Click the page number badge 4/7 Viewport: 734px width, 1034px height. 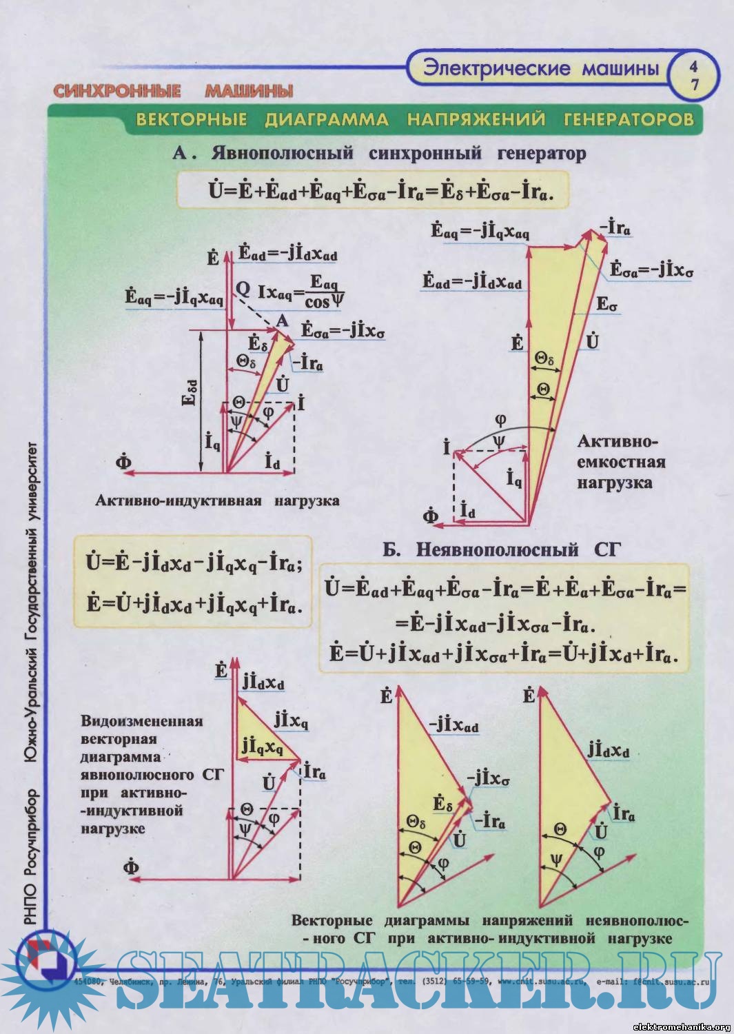point(694,75)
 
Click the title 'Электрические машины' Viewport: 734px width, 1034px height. point(541,68)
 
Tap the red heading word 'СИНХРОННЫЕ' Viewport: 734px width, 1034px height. point(116,91)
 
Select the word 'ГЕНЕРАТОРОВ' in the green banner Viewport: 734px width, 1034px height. point(629,119)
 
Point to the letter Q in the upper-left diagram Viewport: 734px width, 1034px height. point(243,289)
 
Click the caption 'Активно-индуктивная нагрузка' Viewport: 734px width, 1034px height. point(217,500)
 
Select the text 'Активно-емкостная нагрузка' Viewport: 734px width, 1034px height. point(621,462)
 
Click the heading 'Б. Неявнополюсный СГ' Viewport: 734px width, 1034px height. point(502,549)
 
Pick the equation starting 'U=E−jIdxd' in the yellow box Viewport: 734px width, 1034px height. point(194,563)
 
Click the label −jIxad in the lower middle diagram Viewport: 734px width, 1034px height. point(453,724)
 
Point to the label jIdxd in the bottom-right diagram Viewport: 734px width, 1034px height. point(608,749)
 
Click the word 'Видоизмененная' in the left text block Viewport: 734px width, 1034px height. point(142,721)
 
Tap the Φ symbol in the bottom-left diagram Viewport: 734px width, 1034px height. point(131,866)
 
